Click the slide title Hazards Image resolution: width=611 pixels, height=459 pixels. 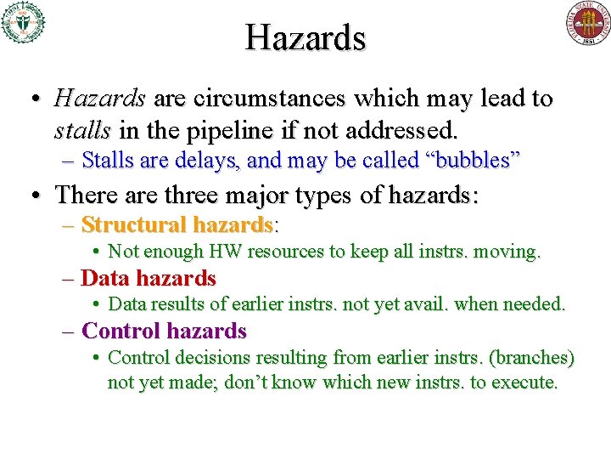point(305,37)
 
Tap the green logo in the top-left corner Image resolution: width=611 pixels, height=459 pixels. point(22,22)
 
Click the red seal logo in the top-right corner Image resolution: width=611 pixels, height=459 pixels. point(588,23)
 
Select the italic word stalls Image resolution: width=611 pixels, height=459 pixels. point(82,132)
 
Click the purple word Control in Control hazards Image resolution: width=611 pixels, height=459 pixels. point(122,331)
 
